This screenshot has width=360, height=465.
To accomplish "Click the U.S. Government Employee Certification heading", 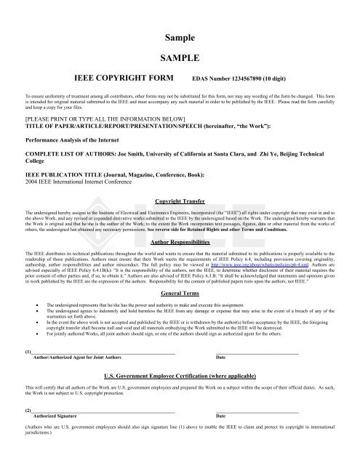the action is (179, 378).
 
